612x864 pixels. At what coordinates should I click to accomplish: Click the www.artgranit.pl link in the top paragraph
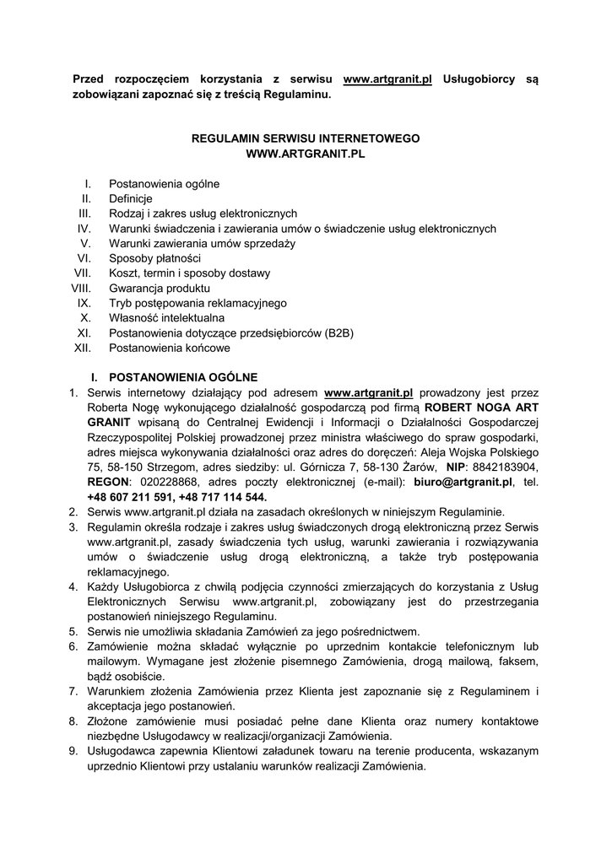[x=387, y=79]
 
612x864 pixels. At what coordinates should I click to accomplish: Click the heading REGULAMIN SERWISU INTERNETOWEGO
[x=306, y=138]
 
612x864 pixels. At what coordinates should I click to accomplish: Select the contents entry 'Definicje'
[x=131, y=198]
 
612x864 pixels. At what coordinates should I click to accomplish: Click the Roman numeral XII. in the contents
[x=83, y=348]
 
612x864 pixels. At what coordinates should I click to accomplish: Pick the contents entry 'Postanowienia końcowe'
[x=169, y=348]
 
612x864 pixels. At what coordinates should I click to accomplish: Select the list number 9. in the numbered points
[x=74, y=752]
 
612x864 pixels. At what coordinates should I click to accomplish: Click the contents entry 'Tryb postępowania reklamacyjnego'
[x=198, y=303]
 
